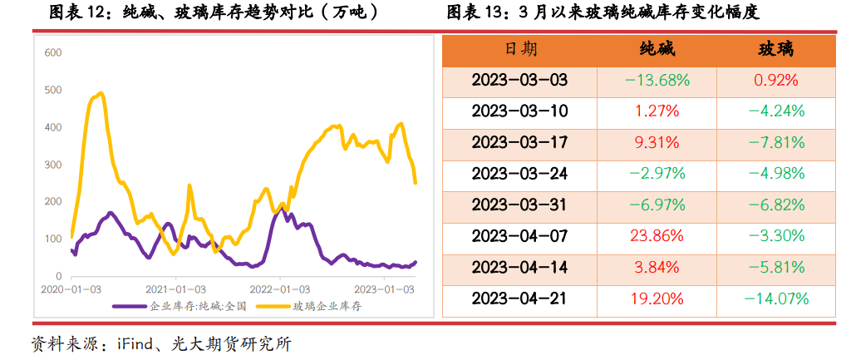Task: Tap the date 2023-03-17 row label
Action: coord(519,142)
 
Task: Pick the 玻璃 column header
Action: coord(775,49)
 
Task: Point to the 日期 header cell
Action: coord(520,49)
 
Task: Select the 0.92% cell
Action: coord(775,81)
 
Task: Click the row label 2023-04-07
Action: coord(519,236)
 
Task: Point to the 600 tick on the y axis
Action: coord(52,53)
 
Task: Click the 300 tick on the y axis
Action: coord(52,165)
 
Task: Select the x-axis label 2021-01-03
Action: coord(176,289)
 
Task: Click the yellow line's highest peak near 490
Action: coord(101,93)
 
